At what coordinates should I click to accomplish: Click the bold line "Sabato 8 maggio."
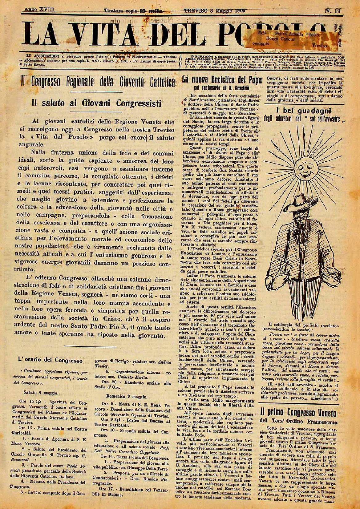pyautogui.click(x=41, y=393)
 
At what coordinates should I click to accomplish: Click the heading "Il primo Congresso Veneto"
pyautogui.click(x=298, y=412)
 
